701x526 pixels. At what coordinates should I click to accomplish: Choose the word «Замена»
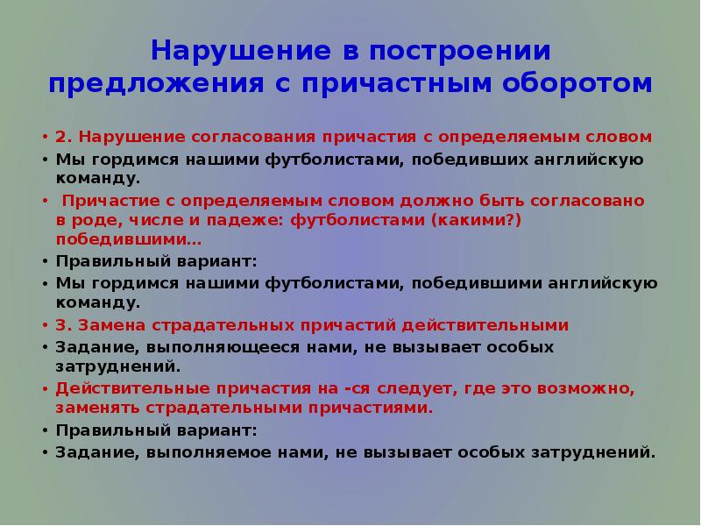115,325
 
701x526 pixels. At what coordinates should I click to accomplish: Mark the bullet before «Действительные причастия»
46,387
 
